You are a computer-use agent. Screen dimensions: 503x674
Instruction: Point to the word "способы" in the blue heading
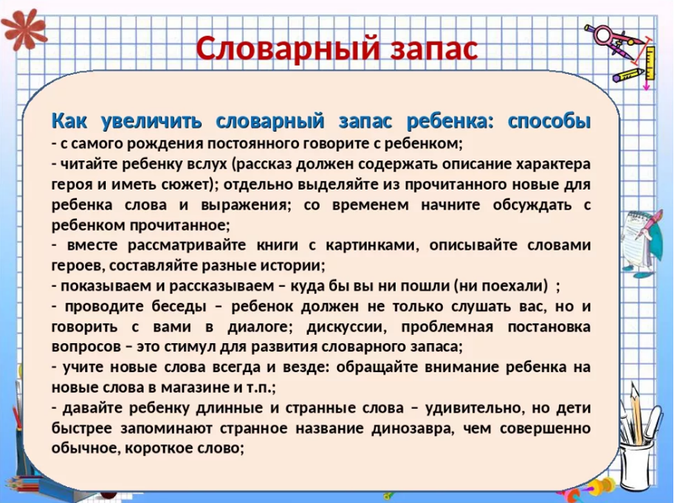549,122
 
